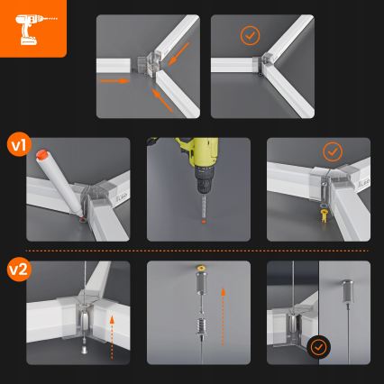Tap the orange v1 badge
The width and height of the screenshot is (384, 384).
point(17,143)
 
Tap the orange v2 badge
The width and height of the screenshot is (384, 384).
point(17,269)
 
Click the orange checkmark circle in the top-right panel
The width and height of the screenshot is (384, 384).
point(249,36)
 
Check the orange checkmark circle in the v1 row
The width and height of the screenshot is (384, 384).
point(333,151)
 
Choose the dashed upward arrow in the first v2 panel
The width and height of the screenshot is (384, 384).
point(112,326)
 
